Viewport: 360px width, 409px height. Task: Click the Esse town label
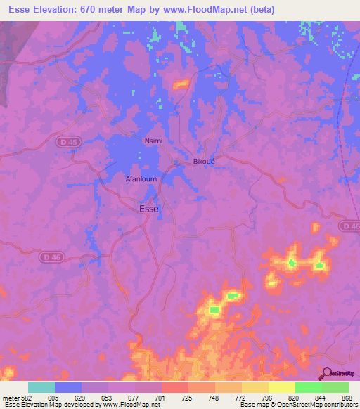[149, 208]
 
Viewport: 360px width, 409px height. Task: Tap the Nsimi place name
[153, 141]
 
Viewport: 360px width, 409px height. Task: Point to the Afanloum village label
[141, 178]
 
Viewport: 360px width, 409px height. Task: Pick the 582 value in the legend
[27, 397]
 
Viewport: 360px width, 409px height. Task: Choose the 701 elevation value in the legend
[161, 397]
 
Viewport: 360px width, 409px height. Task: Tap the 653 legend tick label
[108, 397]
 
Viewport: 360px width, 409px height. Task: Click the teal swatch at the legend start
[41, 387]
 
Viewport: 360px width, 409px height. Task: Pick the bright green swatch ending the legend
[335, 387]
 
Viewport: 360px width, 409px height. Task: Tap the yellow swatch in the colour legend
[281, 387]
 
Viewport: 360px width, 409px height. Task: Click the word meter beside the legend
[10, 397]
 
